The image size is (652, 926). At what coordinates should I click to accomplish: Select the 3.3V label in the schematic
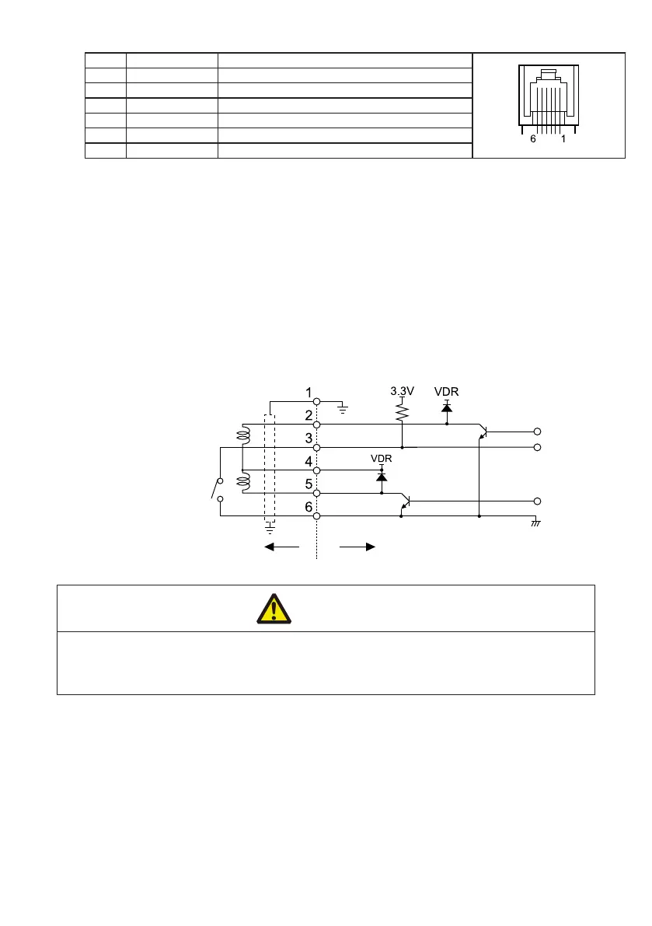(x=402, y=391)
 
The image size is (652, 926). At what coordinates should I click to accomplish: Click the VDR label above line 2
(x=446, y=391)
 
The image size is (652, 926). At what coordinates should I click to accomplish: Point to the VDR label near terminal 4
(x=381, y=459)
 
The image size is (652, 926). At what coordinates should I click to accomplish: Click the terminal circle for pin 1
(x=317, y=401)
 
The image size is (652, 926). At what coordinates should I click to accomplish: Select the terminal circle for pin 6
(x=317, y=515)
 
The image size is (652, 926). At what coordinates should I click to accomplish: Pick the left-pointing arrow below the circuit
(x=281, y=547)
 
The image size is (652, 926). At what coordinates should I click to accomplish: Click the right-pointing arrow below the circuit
(x=358, y=547)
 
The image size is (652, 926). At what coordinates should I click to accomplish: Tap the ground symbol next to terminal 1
(x=341, y=404)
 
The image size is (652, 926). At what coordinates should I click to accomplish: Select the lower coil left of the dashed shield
(x=242, y=482)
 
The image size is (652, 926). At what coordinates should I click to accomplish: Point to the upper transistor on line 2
(x=483, y=432)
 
